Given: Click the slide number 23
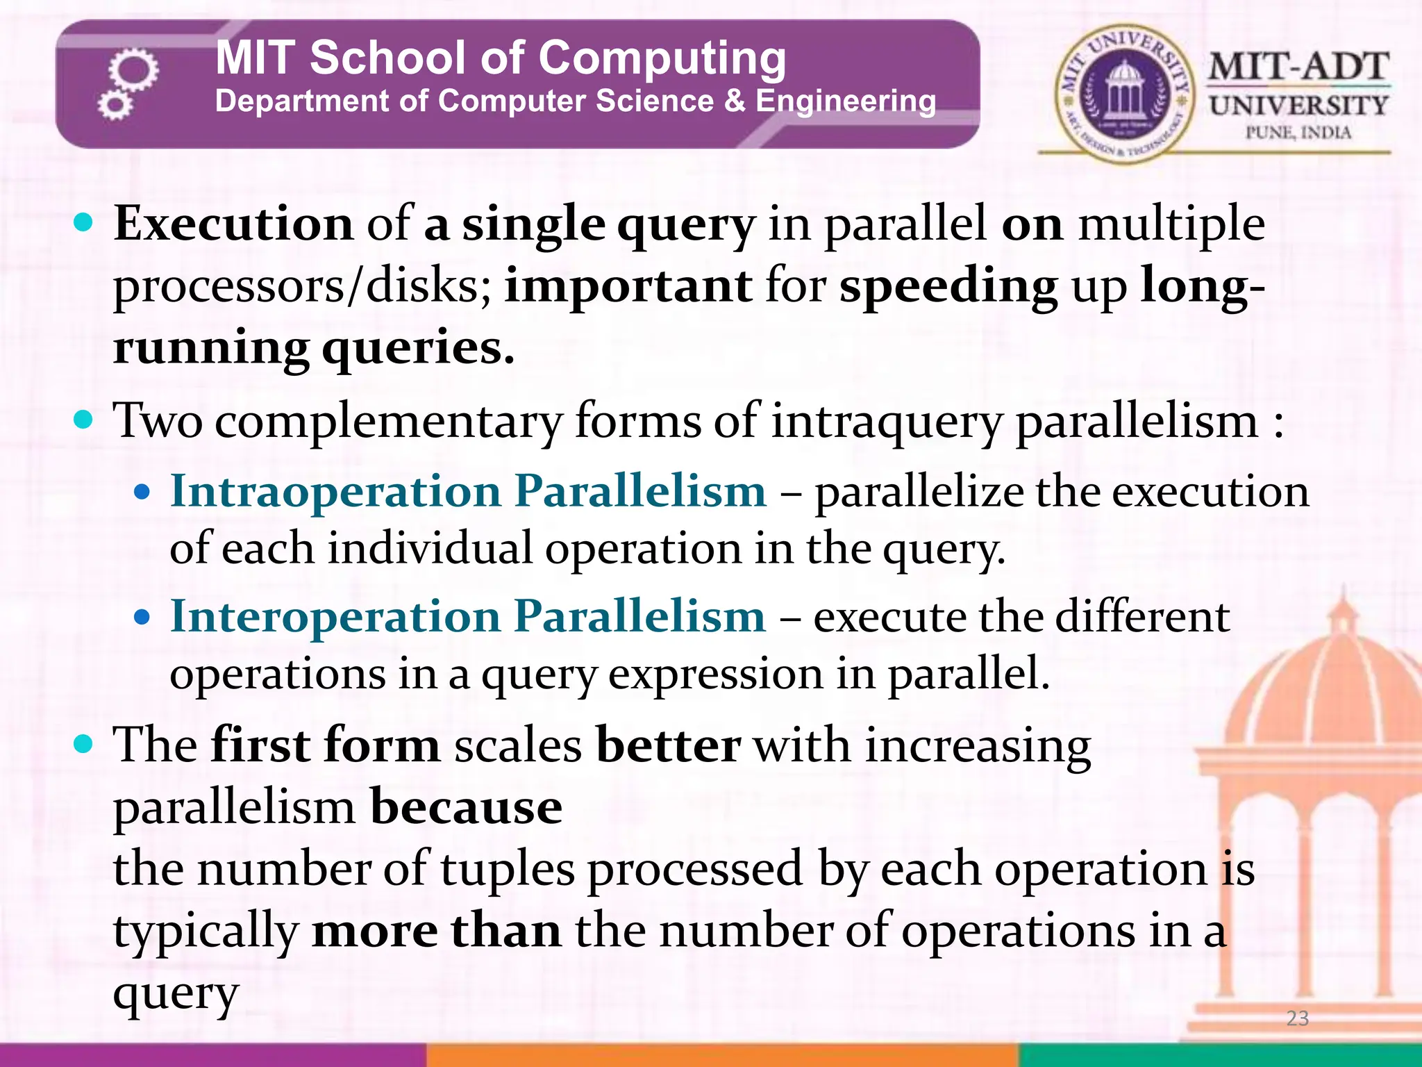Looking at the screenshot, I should point(1297,1018).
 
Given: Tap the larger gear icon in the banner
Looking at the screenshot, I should point(133,70).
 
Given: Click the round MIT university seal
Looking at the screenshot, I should point(1123,94).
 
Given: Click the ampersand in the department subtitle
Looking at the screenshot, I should point(735,101).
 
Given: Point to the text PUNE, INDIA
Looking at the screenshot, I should point(1298,133).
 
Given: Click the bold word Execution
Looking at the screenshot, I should point(233,224).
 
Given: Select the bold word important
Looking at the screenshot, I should point(628,286).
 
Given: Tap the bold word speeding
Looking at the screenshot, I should point(948,287).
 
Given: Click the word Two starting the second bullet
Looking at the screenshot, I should point(158,421).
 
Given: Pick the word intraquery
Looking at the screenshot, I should point(887,422).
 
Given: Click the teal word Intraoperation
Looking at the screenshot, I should point(335,491).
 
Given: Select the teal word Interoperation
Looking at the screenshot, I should point(335,616).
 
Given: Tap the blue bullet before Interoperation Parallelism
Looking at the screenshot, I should point(142,617).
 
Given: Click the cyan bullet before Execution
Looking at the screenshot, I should point(83,224).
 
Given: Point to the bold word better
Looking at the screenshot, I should point(668,746).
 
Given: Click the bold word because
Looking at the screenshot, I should point(466,807).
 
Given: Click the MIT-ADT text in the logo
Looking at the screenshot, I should point(1298,68).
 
